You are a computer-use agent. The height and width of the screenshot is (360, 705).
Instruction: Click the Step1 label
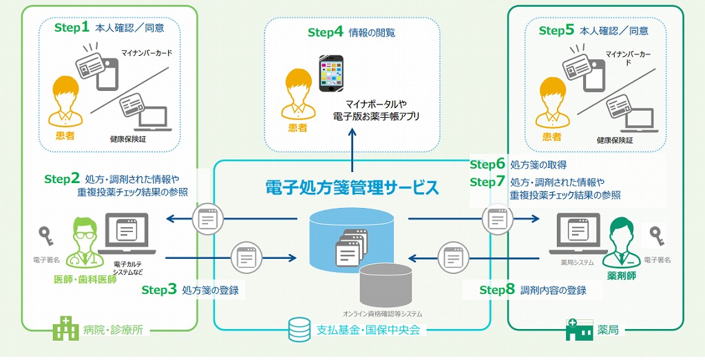72,28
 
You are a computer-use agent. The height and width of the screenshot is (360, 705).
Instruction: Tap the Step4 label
325,32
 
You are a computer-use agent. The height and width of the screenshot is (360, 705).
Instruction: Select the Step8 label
497,290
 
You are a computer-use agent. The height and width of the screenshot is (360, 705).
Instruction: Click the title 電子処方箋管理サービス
352,187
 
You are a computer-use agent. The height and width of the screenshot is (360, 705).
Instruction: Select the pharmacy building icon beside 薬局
579,330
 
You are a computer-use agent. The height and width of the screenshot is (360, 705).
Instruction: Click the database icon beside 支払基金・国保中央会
299,330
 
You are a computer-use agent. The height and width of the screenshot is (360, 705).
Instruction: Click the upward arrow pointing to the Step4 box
352,162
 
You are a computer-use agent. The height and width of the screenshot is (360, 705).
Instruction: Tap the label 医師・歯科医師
85,279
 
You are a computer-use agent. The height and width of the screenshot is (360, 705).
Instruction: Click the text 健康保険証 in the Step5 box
612,139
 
